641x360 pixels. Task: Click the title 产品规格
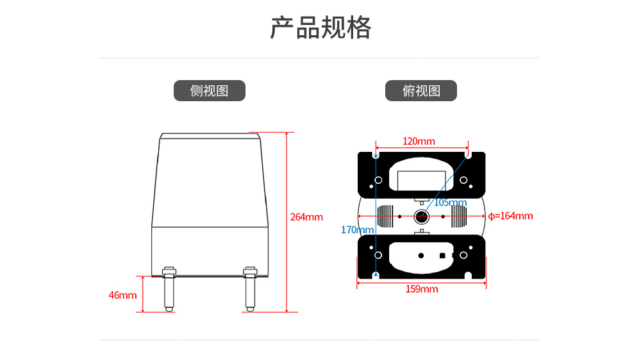click(320, 28)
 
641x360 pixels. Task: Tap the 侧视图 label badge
click(210, 91)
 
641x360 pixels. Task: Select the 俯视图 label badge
click(421, 91)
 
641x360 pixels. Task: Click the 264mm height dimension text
click(306, 217)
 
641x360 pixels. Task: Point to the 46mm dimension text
click(122, 295)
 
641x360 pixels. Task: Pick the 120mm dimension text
click(419, 142)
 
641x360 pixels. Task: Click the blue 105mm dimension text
click(450, 202)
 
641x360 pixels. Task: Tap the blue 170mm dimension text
click(357, 230)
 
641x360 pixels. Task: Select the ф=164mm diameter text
click(511, 216)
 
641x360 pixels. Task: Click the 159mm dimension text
click(422, 290)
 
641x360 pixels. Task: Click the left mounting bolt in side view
click(169, 289)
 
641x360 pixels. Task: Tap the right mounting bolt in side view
click(250, 289)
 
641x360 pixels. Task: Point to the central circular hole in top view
click(421, 216)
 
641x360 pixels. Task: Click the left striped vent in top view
click(385, 216)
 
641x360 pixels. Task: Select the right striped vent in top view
click(459, 216)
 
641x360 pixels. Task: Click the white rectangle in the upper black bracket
click(422, 180)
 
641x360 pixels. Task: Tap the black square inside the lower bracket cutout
click(442, 256)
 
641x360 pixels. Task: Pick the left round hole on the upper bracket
click(379, 180)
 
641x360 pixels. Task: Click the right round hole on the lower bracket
click(463, 256)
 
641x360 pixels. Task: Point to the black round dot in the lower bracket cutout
click(421, 256)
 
